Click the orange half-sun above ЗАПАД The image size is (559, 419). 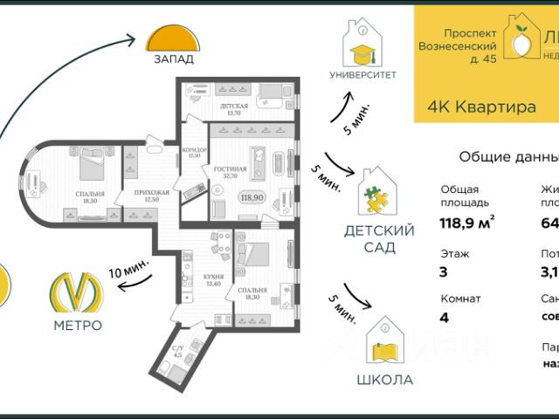click(169, 40)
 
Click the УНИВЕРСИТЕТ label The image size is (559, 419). click(362, 75)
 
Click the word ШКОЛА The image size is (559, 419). click(384, 380)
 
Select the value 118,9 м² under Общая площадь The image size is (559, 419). click(467, 223)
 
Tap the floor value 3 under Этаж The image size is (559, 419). click(443, 271)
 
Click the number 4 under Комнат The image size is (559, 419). click(444, 317)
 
